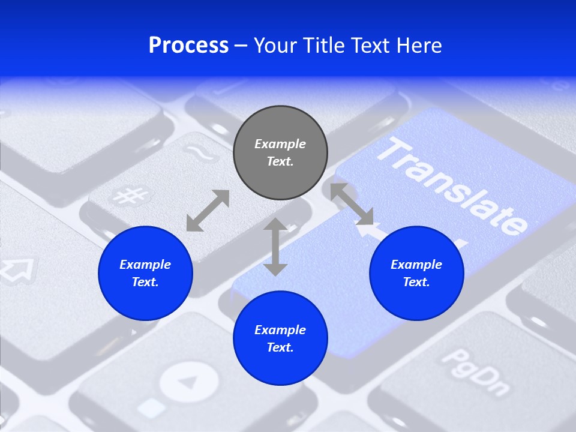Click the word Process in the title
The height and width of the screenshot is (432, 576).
[x=188, y=46]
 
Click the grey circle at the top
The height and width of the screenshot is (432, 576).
[x=280, y=152]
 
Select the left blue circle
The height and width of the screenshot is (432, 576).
[x=145, y=273]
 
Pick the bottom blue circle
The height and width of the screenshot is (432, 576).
[x=280, y=338]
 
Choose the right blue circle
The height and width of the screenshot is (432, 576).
[x=416, y=273]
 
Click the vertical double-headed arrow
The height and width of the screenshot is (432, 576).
[x=275, y=247]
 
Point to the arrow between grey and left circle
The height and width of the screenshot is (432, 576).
[x=208, y=211]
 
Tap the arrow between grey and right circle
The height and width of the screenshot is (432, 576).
[x=352, y=204]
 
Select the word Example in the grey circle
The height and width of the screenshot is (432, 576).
[x=280, y=144]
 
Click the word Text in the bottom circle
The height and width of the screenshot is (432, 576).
[x=280, y=347]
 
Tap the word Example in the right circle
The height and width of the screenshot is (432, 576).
[x=416, y=265]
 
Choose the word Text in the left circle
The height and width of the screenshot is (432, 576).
[x=145, y=282]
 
